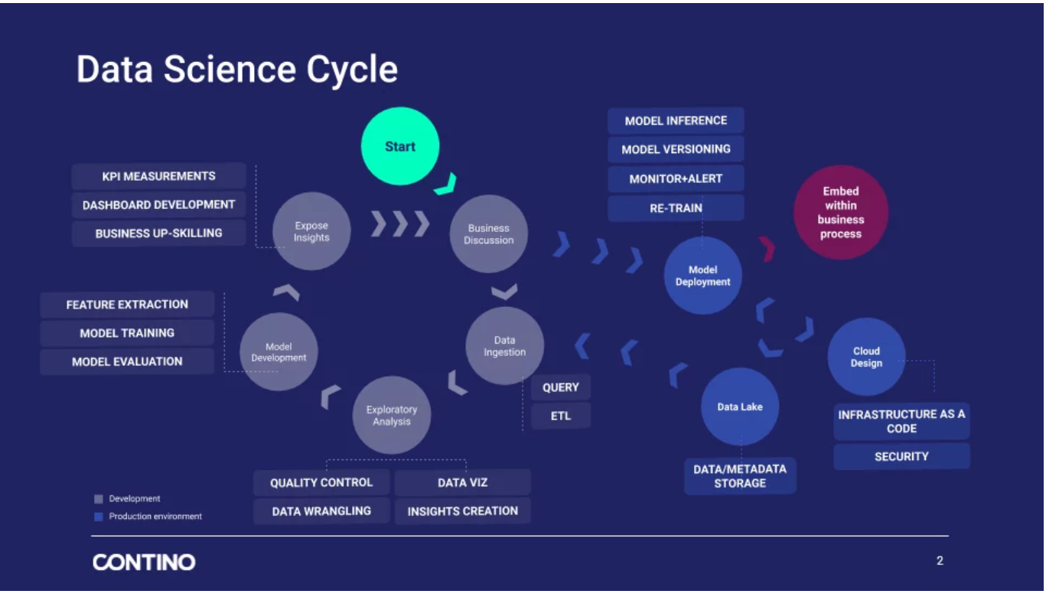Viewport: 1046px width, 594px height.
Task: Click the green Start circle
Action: tap(400, 146)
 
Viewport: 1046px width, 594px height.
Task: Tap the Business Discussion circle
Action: tap(489, 233)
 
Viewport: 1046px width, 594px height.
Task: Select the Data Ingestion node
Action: tap(504, 346)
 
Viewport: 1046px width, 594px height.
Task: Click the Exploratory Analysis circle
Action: tap(391, 415)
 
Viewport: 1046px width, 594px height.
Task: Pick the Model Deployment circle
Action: tap(702, 276)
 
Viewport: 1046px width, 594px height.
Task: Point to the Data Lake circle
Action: tap(739, 406)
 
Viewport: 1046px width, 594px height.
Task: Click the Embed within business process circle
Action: tap(840, 212)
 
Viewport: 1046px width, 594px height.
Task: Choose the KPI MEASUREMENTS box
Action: tap(158, 176)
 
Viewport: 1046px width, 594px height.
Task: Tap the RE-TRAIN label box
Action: tap(676, 207)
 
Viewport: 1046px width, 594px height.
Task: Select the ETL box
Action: tap(561, 416)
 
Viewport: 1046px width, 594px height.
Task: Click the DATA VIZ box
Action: tap(462, 482)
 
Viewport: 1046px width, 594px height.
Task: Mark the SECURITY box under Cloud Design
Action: tap(901, 456)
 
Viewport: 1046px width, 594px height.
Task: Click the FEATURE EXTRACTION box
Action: tap(127, 304)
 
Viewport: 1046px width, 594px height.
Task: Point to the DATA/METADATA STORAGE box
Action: tap(739, 475)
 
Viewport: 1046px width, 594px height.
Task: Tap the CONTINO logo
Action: tap(144, 563)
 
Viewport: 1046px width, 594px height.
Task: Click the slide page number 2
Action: tap(940, 561)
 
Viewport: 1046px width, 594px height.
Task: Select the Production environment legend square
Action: tap(98, 517)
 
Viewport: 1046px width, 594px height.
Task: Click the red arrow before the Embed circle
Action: tap(767, 249)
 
